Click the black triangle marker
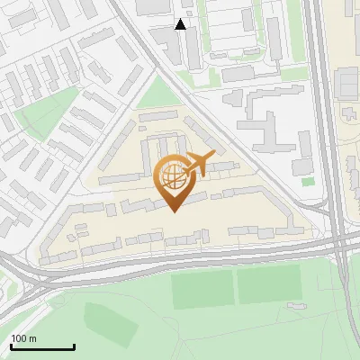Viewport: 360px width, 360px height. point(181,24)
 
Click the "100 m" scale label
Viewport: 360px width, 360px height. point(24,338)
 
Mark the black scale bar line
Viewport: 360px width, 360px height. point(42,347)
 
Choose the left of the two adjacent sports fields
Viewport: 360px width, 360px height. point(202,288)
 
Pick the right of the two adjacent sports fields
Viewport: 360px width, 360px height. point(268,285)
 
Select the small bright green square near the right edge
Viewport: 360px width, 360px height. point(308,181)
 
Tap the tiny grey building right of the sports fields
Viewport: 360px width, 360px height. point(294,306)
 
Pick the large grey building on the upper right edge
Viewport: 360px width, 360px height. point(347,83)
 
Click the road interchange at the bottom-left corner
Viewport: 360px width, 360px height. point(27,286)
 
